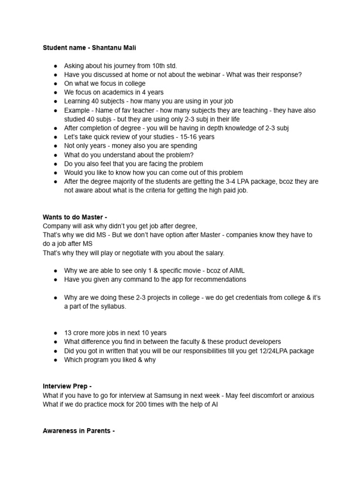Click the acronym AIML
(234, 270)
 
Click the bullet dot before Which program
(55, 359)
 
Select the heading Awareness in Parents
(79, 431)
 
